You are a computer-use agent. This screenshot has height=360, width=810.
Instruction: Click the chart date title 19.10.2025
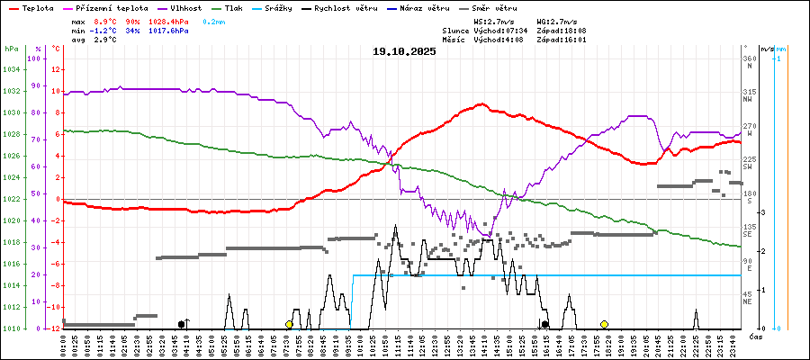pyautogui.click(x=404, y=51)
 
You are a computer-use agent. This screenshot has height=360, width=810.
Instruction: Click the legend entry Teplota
pyautogui.click(x=31, y=7)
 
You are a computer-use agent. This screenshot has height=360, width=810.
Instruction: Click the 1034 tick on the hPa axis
pyautogui.click(x=11, y=69)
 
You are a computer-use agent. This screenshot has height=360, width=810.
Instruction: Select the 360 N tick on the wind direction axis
pyautogui.click(x=748, y=58)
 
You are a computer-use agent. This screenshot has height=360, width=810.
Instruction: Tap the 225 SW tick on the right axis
pyautogui.click(x=748, y=159)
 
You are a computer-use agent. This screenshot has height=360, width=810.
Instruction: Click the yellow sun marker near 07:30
pyautogui.click(x=289, y=324)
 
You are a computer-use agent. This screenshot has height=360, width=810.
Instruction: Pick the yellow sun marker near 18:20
pyautogui.click(x=604, y=324)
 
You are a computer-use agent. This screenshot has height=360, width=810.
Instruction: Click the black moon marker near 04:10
pyautogui.click(x=181, y=324)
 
